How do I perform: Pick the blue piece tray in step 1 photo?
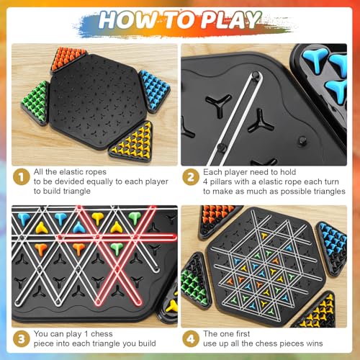(x=153, y=89)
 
